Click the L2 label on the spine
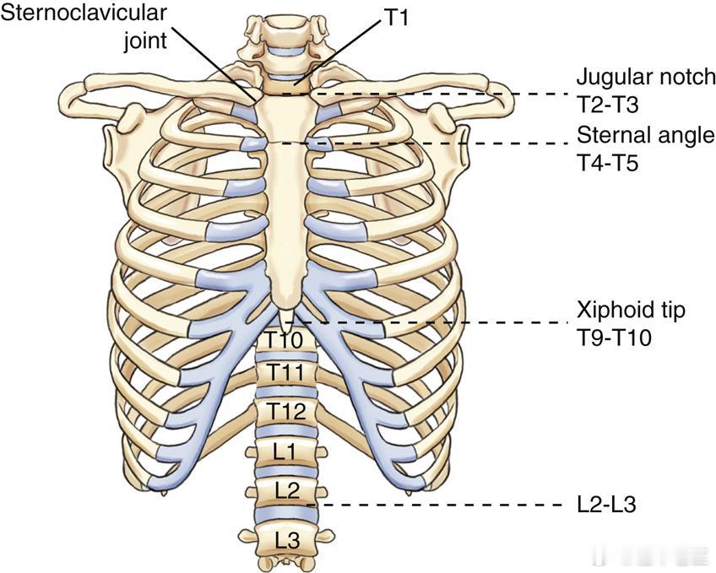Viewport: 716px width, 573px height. click(285, 490)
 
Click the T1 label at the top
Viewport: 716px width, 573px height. click(397, 17)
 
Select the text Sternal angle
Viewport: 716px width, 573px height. click(645, 135)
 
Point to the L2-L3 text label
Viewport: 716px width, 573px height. click(605, 505)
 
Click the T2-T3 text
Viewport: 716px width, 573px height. click(605, 102)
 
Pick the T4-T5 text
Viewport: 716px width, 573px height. click(605, 161)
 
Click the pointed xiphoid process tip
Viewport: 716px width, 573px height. click(286, 319)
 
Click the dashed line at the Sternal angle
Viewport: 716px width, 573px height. click(439, 143)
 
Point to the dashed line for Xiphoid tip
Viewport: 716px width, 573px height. click(439, 322)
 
